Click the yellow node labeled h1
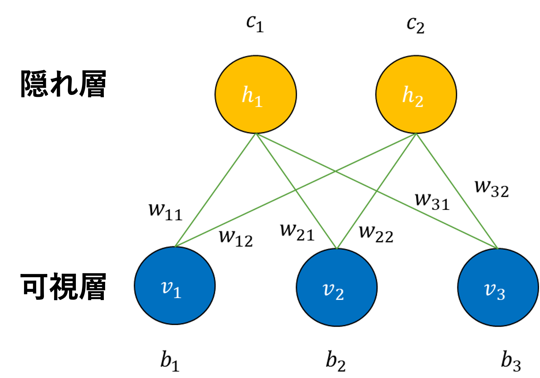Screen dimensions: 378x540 (x=256, y=95)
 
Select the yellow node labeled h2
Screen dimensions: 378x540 (x=416, y=95)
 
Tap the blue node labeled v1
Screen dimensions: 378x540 (x=175, y=286)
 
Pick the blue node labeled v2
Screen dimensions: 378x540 (x=337, y=287)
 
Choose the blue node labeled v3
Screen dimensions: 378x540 (x=498, y=287)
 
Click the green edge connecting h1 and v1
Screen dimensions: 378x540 (x=215, y=190)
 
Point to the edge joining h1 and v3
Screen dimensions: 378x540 (x=423, y=213)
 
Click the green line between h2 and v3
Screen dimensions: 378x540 (x=457, y=191)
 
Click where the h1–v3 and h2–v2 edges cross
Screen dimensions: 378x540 (x=377, y=191)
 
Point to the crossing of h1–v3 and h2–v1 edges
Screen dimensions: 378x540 (x=336, y=171)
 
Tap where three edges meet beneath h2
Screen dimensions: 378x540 (x=416, y=134)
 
